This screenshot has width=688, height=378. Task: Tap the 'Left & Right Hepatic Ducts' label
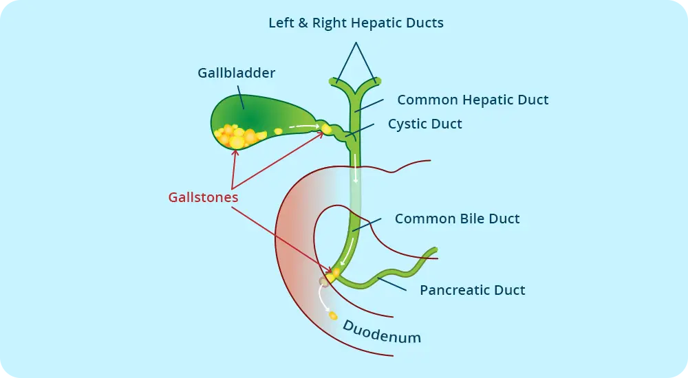pyautogui.click(x=356, y=23)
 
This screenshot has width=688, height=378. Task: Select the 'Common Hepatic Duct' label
pyautogui.click(x=473, y=100)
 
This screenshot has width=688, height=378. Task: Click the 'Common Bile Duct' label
pyautogui.click(x=457, y=219)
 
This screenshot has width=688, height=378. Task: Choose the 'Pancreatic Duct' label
pyautogui.click(x=472, y=290)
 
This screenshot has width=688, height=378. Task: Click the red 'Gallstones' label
pyautogui.click(x=204, y=197)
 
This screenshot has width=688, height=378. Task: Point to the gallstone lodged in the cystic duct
pyautogui.click(x=326, y=129)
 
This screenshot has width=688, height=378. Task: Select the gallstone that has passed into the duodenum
pyautogui.click(x=333, y=315)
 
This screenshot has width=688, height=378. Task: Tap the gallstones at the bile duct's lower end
pyautogui.click(x=334, y=275)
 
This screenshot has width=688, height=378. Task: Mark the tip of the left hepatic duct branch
pyautogui.click(x=334, y=81)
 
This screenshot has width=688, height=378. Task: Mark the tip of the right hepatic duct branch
pyautogui.click(x=378, y=81)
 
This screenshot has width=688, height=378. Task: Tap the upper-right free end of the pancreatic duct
pyautogui.click(x=433, y=249)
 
